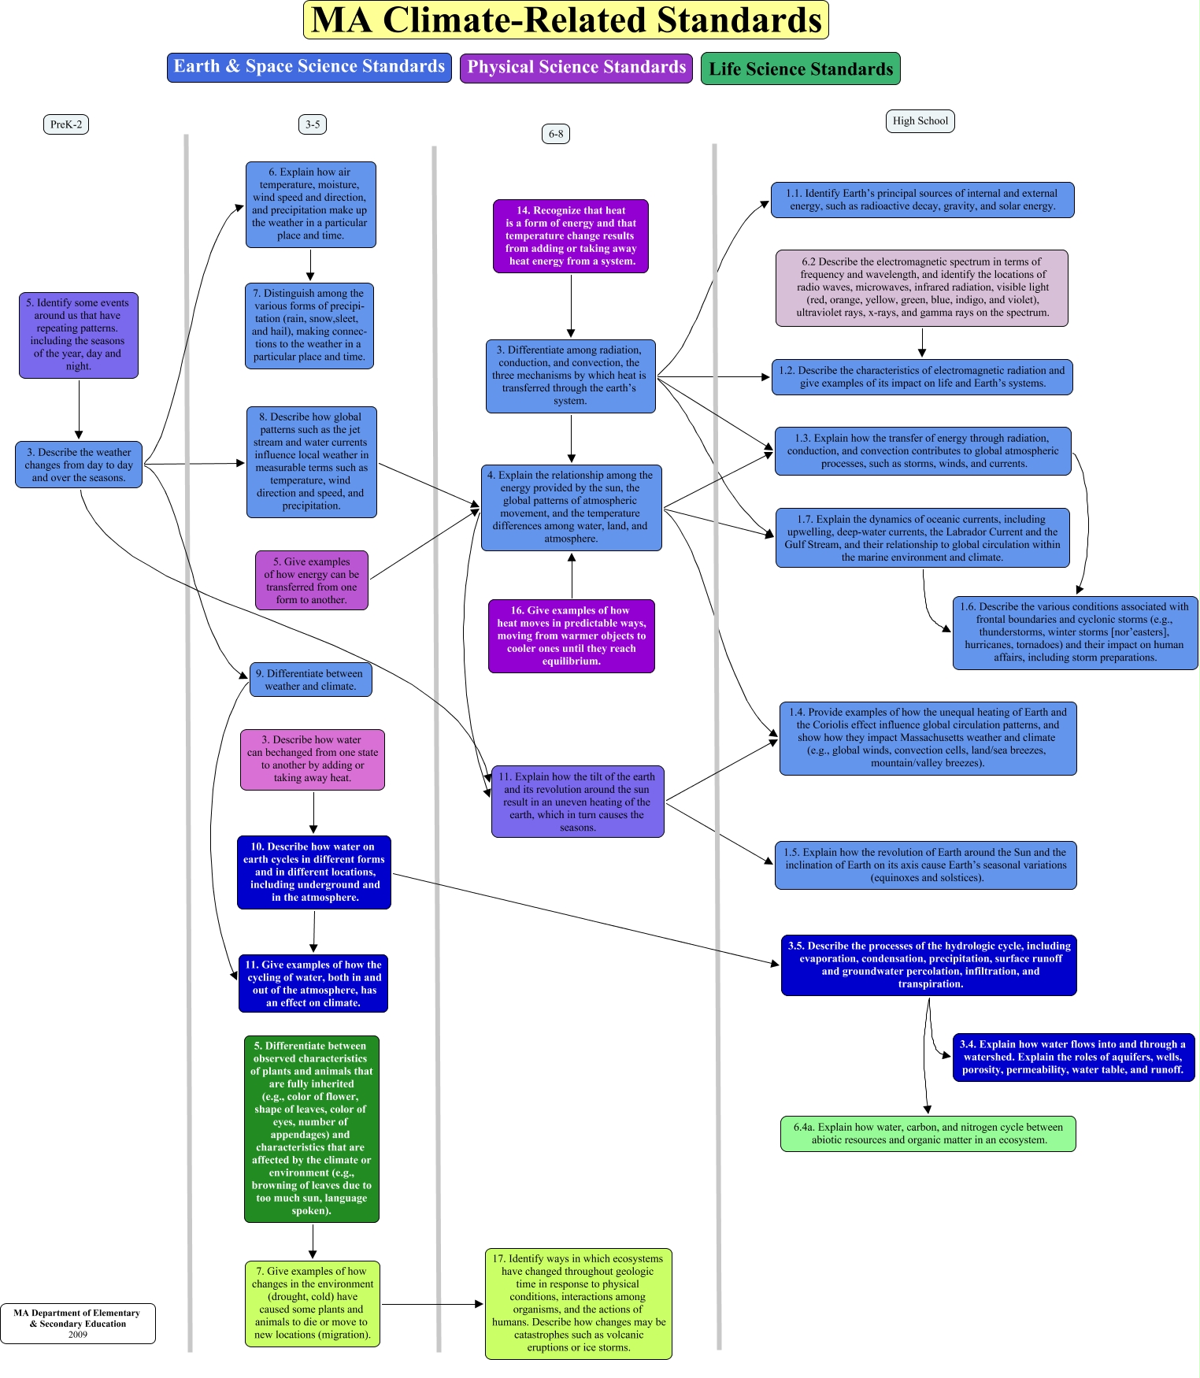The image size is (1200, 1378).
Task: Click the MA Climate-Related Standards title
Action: (565, 20)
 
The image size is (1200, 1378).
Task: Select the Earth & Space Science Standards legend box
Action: (309, 67)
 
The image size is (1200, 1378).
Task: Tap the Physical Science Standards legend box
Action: (576, 68)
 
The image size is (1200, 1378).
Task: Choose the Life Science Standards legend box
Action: (800, 69)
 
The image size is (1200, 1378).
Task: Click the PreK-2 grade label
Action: (66, 124)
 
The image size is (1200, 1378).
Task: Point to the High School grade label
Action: (920, 121)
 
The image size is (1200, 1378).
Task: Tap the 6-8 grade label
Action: (556, 134)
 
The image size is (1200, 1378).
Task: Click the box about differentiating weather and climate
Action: (311, 680)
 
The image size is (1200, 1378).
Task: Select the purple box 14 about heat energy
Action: (571, 236)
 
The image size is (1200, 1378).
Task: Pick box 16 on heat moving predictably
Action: (571, 636)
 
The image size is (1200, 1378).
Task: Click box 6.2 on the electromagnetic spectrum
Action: (921, 287)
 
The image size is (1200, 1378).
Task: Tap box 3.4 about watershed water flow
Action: (1073, 1058)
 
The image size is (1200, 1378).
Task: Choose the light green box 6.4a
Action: (928, 1134)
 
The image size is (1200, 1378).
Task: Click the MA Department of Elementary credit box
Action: (78, 1324)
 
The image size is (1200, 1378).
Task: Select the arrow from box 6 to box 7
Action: (310, 265)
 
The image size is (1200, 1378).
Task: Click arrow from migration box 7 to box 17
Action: (431, 1305)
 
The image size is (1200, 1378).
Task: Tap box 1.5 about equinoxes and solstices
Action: (925, 865)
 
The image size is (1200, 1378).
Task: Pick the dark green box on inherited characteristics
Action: (312, 1128)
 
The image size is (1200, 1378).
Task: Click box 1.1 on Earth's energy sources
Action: (922, 200)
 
